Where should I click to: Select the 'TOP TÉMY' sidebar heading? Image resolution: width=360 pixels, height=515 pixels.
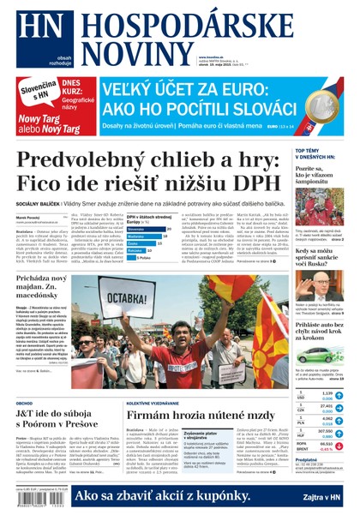click(309, 152)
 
